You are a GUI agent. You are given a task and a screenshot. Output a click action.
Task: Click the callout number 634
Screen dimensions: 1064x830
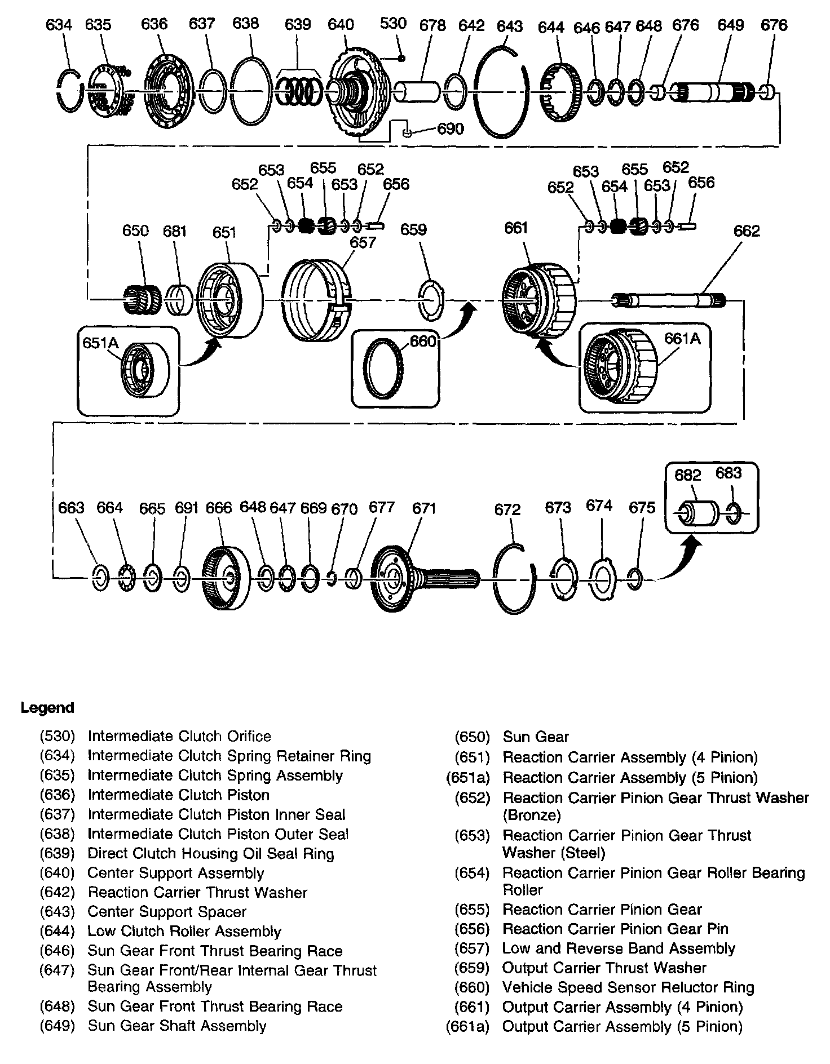[59, 25]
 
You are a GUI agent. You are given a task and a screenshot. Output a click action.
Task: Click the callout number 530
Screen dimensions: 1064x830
[393, 23]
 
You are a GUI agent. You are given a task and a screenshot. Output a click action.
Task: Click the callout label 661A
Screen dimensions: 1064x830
[682, 338]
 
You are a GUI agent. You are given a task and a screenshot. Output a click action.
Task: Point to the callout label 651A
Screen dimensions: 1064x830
[100, 343]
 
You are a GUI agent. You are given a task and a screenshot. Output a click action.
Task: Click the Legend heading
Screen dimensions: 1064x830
[47, 708]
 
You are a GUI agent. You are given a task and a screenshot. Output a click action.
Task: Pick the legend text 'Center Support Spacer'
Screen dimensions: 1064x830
[167, 912]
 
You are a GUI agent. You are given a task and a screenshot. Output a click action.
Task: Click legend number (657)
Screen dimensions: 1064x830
[472, 948]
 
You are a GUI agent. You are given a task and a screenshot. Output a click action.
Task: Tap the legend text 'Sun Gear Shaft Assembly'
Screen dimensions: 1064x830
[177, 1026]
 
